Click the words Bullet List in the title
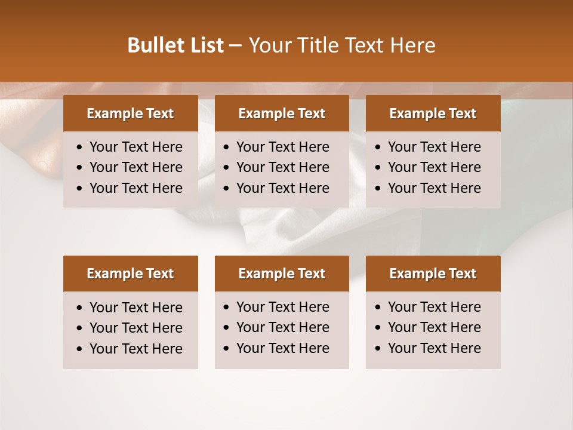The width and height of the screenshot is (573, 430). click(175, 45)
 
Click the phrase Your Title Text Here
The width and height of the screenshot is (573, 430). click(341, 45)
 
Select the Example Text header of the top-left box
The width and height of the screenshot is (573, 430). click(130, 113)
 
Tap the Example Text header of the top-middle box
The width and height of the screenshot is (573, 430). click(282, 113)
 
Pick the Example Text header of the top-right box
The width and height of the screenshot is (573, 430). click(433, 113)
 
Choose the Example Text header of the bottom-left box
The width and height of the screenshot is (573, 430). click(130, 274)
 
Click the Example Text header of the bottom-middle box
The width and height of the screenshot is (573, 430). click(282, 274)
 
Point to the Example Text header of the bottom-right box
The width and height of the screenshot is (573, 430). click(433, 274)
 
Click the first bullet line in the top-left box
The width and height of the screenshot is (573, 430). click(135, 147)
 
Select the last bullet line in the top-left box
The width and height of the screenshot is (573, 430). click(135, 188)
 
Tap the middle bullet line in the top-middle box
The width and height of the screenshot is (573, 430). click(282, 167)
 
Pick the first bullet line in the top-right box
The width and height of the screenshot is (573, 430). click(434, 147)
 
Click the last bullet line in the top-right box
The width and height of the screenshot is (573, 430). click(434, 188)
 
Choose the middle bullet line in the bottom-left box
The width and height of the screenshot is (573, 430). click(135, 328)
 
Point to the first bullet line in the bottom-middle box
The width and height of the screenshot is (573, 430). click(282, 307)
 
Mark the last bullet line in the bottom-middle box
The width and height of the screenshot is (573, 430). click(282, 348)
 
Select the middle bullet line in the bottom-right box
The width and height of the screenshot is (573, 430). click(434, 327)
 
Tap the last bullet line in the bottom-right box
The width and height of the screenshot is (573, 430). click(434, 348)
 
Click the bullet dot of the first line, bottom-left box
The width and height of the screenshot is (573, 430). click(80, 308)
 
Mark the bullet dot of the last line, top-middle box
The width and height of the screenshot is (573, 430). click(227, 189)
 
